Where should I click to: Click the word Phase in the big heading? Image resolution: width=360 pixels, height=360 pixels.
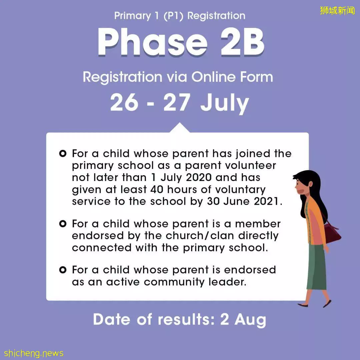tap(152, 42)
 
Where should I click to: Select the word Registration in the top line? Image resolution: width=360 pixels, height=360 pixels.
tap(216, 16)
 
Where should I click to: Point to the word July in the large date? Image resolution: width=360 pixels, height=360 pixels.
tap(225, 103)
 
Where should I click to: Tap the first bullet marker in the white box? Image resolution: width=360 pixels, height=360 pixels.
tap(63, 153)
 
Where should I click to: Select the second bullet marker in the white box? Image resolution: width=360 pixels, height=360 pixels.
tap(63, 224)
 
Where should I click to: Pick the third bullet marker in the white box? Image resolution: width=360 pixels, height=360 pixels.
tap(63, 270)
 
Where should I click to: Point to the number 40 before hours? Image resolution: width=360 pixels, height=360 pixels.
tap(157, 189)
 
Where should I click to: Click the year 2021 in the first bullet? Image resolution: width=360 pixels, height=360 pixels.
tap(267, 201)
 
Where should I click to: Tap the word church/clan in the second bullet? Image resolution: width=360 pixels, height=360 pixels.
tap(200, 236)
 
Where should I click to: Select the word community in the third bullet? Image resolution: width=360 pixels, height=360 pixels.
tap(174, 282)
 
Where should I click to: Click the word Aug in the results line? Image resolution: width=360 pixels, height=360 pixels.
tap(250, 320)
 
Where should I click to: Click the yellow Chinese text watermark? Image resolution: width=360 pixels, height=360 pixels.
tap(337, 11)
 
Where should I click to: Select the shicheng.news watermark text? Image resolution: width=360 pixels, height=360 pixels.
tap(34, 353)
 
